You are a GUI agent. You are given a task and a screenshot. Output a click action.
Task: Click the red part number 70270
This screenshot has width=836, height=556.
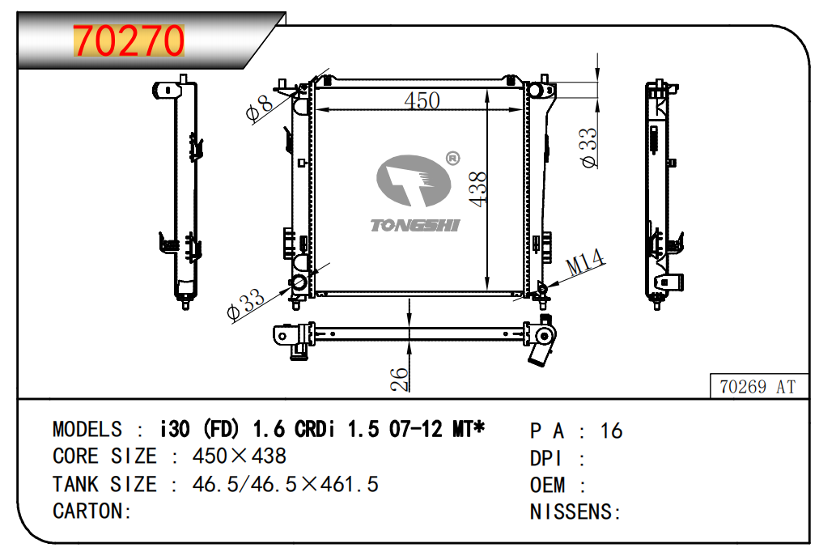coord(129,40)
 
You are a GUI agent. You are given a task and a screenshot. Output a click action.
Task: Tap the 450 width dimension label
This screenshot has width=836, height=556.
coord(422,100)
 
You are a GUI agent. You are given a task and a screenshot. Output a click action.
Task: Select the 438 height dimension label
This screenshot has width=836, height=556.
coord(477,189)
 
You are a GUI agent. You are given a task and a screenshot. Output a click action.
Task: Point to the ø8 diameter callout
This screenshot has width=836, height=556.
coord(259,108)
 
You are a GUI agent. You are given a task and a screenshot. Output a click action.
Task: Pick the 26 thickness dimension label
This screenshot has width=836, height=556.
coord(399,380)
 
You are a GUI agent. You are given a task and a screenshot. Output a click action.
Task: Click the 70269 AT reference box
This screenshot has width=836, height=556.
coord(758,387)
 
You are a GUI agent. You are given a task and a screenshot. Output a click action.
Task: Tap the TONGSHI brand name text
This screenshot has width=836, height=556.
coord(415,226)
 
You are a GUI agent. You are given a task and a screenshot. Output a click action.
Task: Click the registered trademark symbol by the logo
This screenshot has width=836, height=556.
coord(452,159)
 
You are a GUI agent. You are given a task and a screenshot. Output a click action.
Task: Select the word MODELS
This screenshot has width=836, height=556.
coord(87,429)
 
